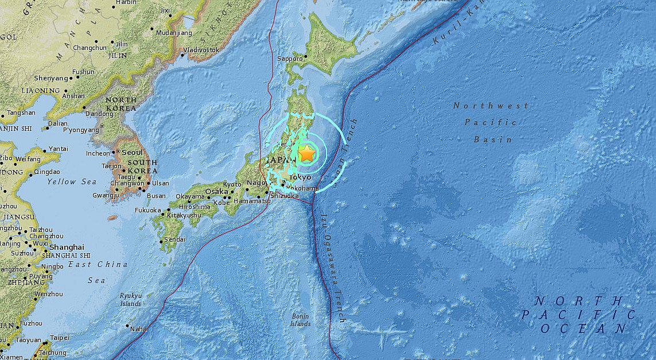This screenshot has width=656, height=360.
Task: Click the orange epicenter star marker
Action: (307, 154)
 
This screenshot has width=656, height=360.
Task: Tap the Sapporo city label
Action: (290, 59)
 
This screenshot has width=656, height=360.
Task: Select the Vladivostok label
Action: (200, 51)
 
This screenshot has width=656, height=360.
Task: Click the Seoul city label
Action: (132, 153)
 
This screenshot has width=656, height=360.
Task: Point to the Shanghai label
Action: (67, 247)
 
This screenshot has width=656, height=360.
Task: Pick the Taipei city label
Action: (59, 338)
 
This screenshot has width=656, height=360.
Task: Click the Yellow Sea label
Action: (72, 182)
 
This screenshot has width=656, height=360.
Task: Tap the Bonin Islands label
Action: (300, 320)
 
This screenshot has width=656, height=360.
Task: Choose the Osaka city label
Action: (216, 191)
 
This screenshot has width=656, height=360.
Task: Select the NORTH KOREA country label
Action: (121, 104)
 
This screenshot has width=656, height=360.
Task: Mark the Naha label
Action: (138, 329)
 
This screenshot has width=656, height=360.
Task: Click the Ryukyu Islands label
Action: (130, 299)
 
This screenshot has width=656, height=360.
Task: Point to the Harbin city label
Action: (126, 2)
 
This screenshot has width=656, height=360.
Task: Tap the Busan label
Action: (156, 196)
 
